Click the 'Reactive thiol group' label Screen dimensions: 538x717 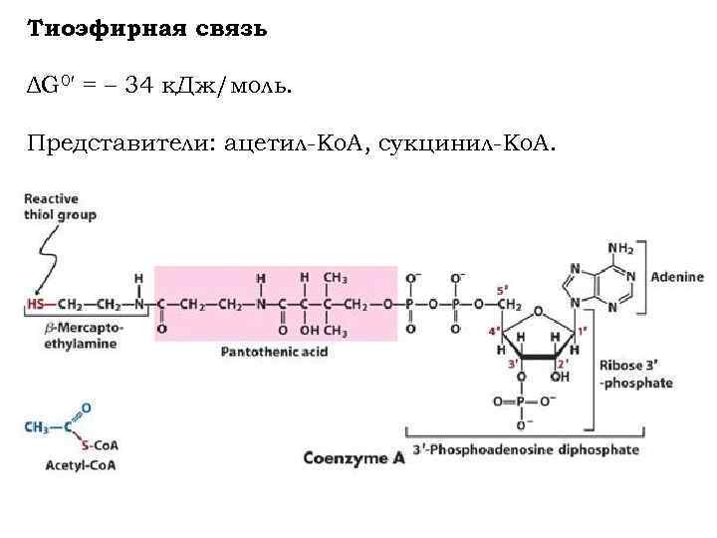pos(60,206)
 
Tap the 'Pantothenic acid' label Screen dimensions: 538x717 pos(275,352)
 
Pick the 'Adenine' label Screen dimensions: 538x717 pos(676,277)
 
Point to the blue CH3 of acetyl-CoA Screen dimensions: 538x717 pos(37,426)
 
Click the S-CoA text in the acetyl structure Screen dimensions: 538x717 pos(100,444)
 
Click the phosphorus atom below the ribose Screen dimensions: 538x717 pos(521,403)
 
